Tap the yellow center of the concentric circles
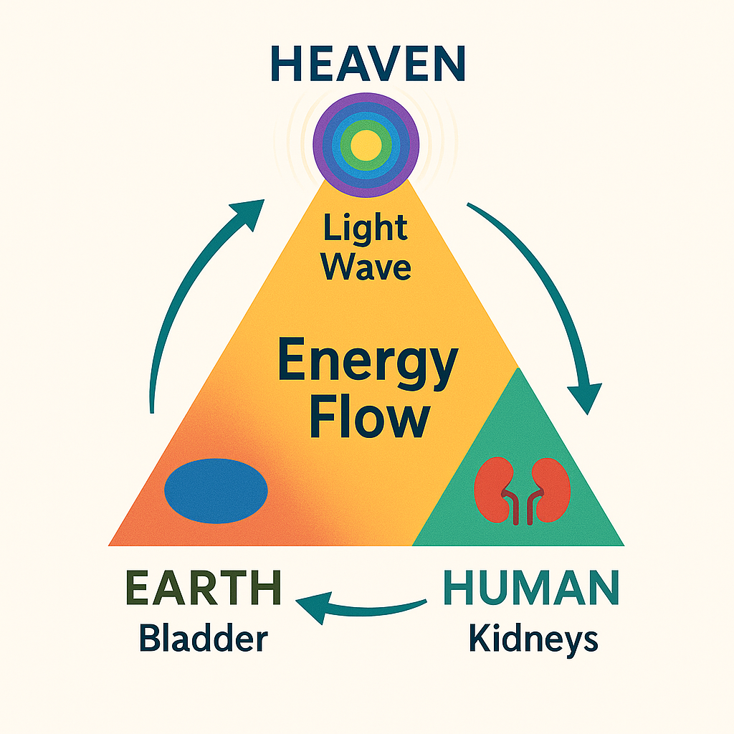366,145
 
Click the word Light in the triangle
366,230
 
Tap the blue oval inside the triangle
216,491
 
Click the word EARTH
204,589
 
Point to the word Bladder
203,637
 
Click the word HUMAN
531,589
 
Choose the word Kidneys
533,637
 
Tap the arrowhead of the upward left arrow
246,212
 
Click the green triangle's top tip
518,370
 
